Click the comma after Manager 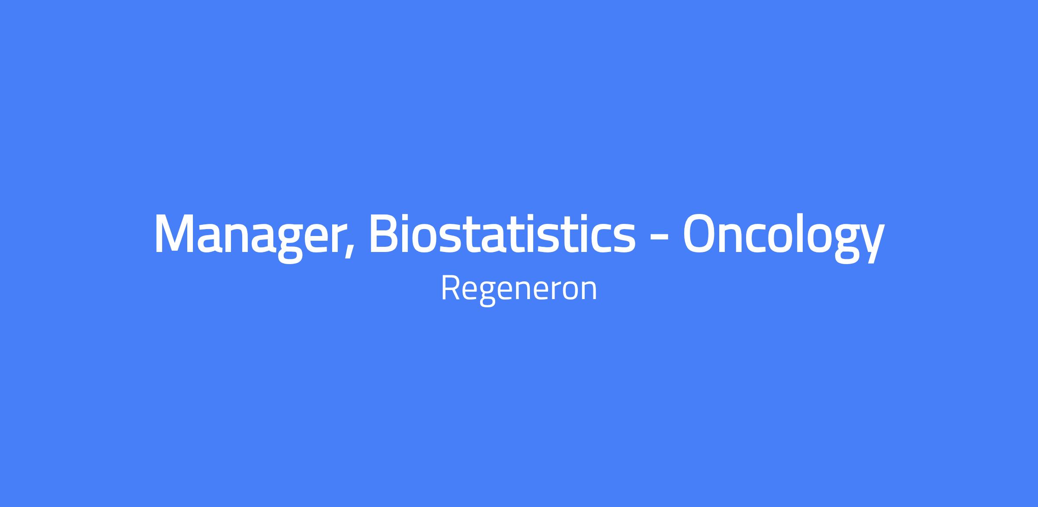[x=349, y=251]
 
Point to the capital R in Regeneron [x=451, y=288]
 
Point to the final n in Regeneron [x=589, y=291]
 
